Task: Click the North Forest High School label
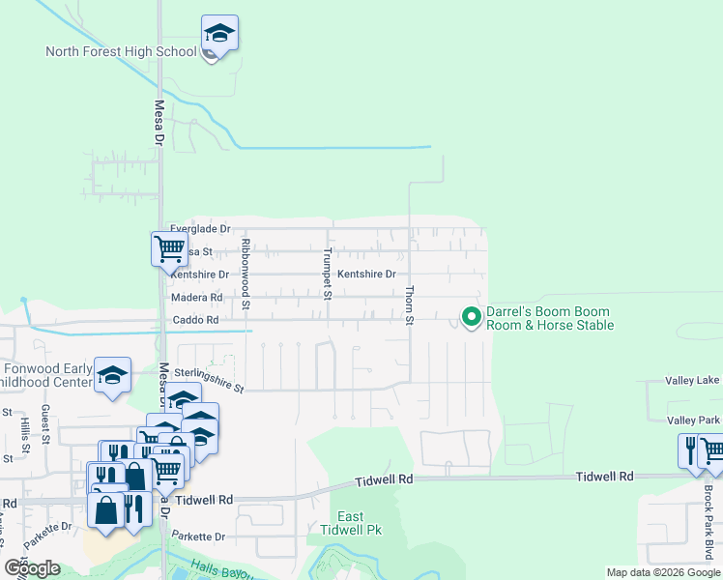click(x=121, y=51)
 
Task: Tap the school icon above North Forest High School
click(x=220, y=33)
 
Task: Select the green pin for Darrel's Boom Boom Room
click(x=472, y=316)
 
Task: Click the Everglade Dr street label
click(x=200, y=229)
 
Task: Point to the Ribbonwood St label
click(x=246, y=275)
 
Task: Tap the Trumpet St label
click(x=328, y=275)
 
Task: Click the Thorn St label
click(x=409, y=304)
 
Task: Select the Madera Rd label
click(x=196, y=298)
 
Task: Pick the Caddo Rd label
click(x=195, y=320)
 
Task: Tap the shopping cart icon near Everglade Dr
click(x=169, y=248)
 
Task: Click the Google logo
click(x=32, y=568)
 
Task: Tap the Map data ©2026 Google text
click(x=662, y=572)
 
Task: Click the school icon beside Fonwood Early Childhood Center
click(x=113, y=375)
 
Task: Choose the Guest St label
click(x=45, y=426)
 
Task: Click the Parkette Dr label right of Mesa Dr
click(x=198, y=536)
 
